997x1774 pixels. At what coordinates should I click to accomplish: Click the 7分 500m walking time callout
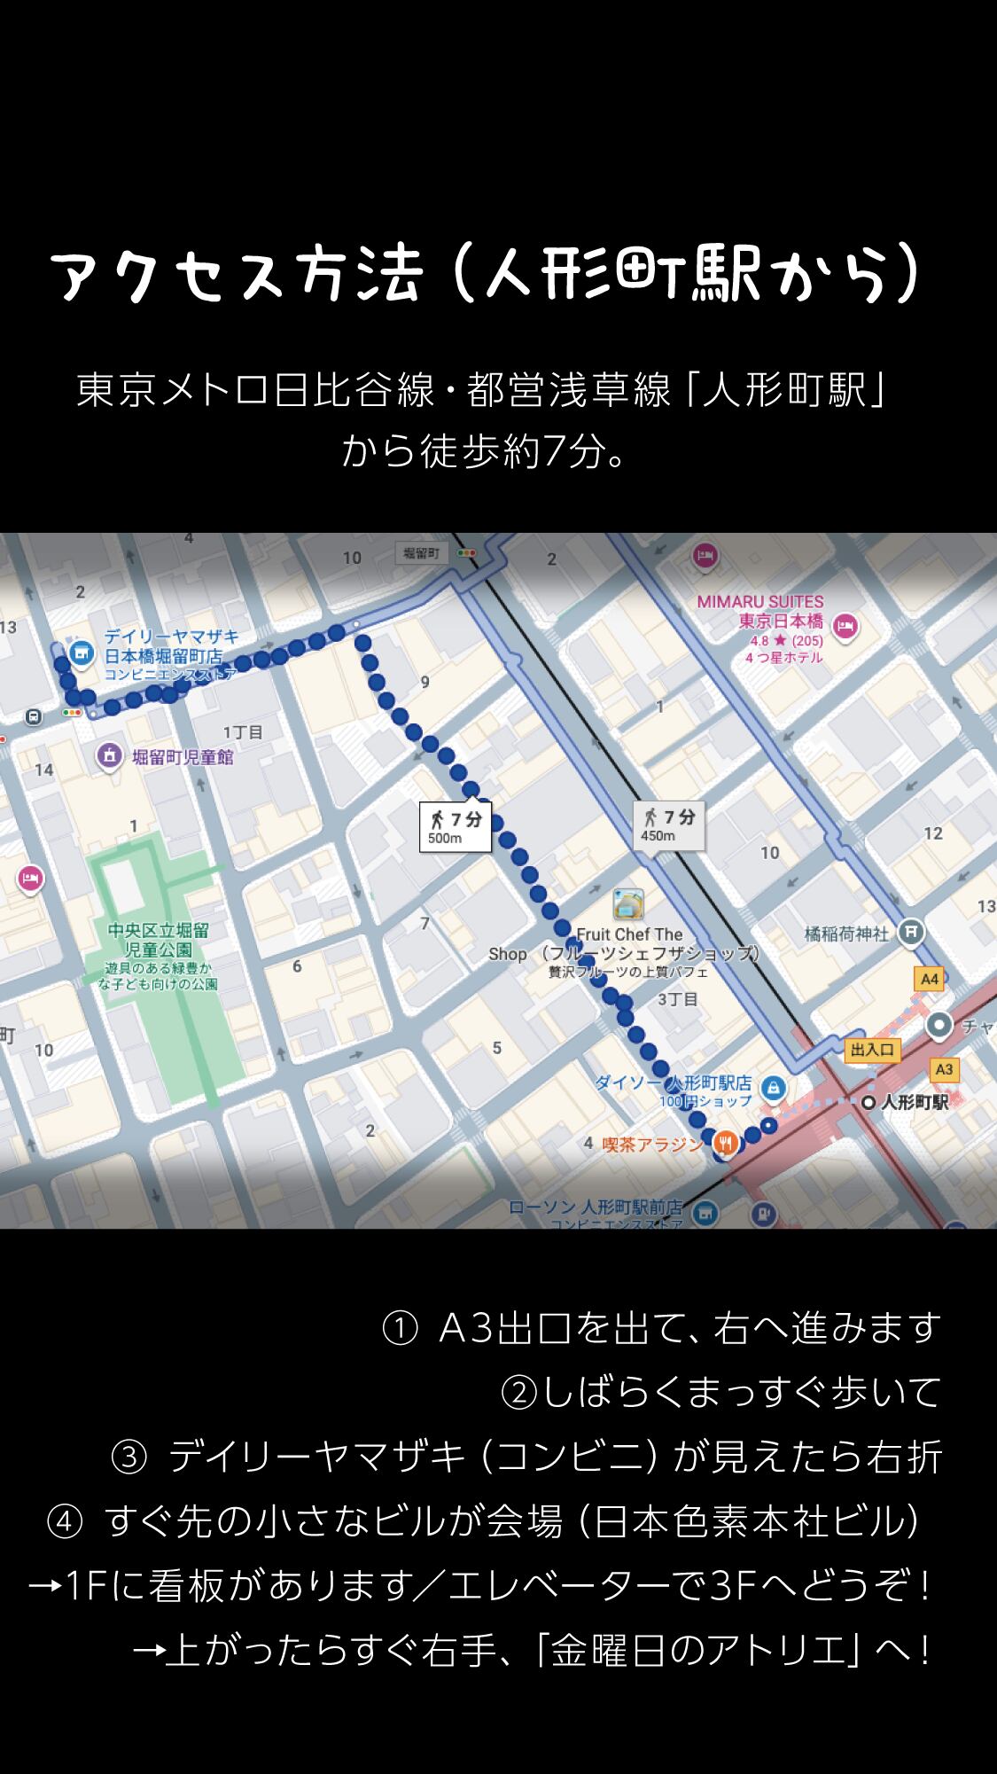pyautogui.click(x=456, y=827)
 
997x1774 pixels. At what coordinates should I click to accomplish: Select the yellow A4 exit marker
pyautogui.click(x=929, y=979)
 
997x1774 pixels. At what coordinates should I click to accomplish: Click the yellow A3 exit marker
pyautogui.click(x=944, y=1069)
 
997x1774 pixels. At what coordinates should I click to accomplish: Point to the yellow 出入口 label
pyautogui.click(x=873, y=1050)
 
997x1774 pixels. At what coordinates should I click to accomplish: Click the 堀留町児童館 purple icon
pyautogui.click(x=109, y=756)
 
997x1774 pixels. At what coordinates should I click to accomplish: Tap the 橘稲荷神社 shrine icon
pyautogui.click(x=910, y=933)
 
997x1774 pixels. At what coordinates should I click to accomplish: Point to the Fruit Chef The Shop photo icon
pyautogui.click(x=628, y=903)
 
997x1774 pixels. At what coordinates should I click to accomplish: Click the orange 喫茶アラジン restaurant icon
pyautogui.click(x=726, y=1144)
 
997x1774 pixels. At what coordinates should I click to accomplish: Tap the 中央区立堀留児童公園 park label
pyautogui.click(x=158, y=940)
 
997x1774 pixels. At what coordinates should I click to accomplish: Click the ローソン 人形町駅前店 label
pyautogui.click(x=596, y=1207)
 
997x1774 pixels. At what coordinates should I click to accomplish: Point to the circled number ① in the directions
pyautogui.click(x=400, y=1328)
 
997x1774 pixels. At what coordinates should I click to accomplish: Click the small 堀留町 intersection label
pyautogui.click(x=421, y=554)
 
